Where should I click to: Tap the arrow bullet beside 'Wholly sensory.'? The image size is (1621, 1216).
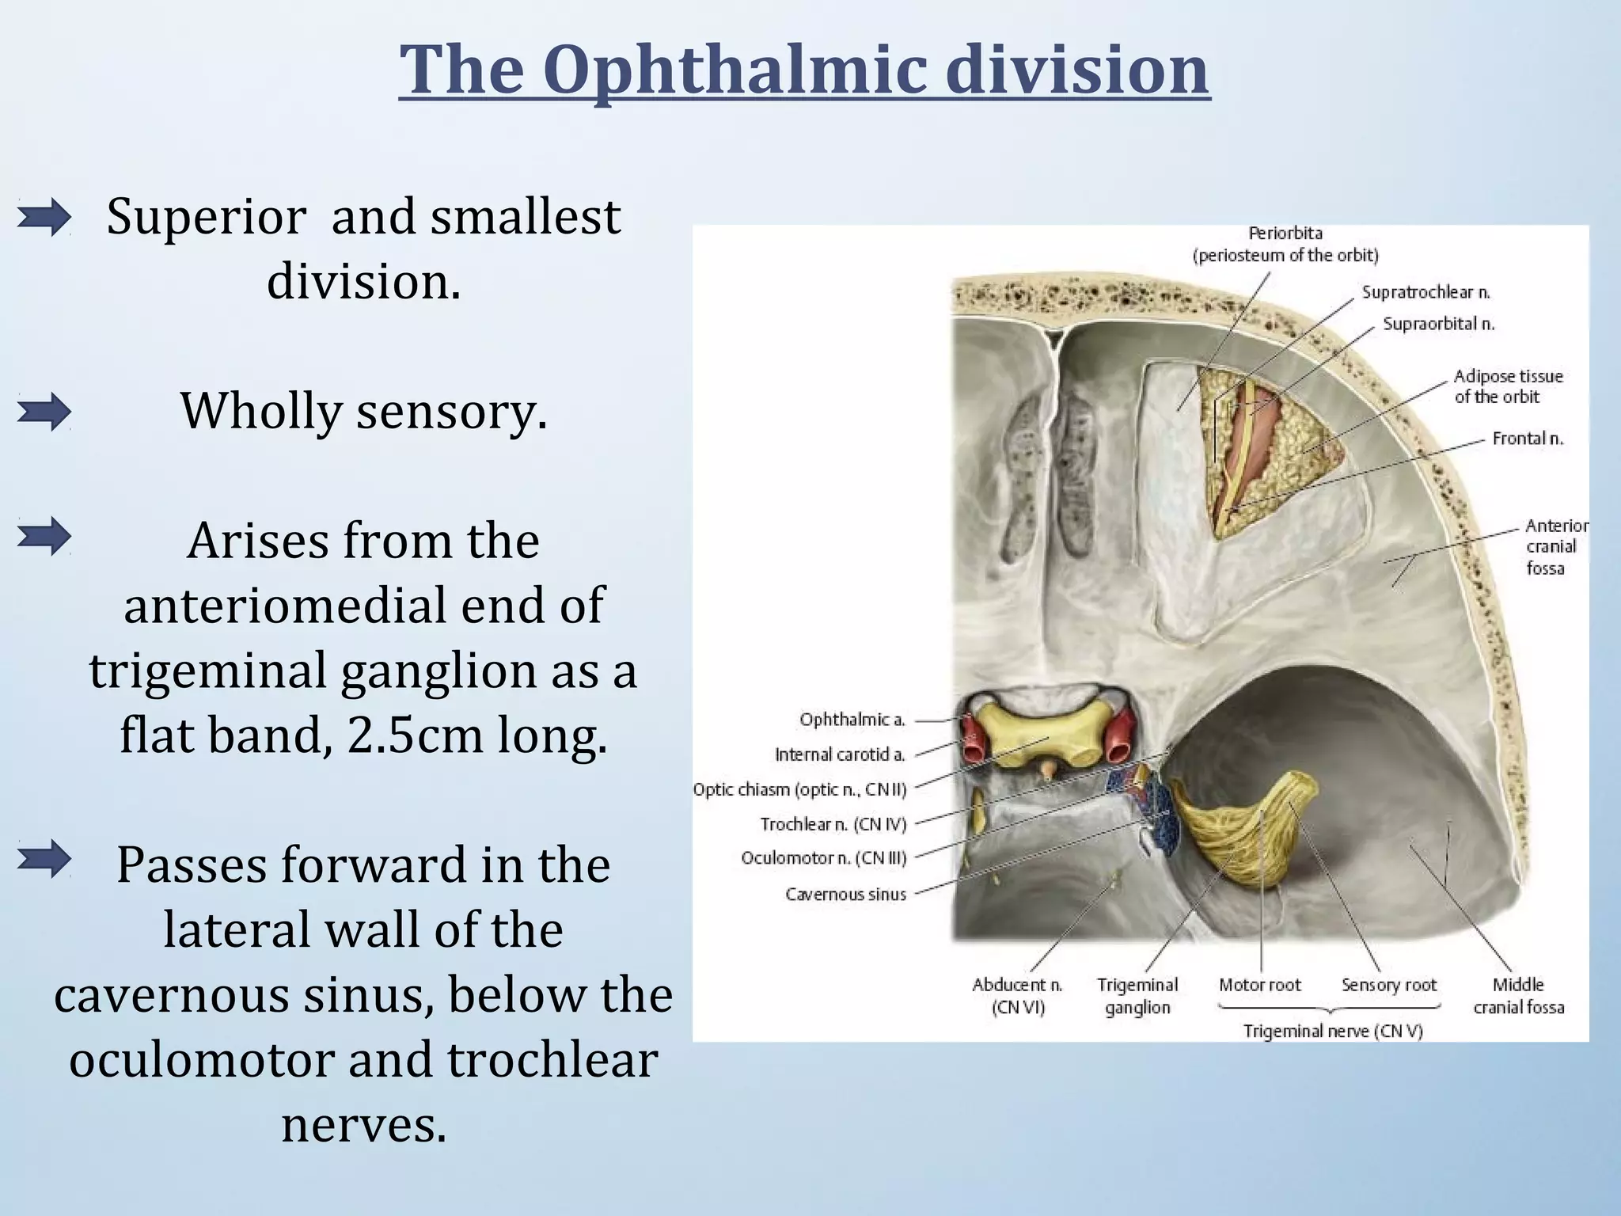[44, 412]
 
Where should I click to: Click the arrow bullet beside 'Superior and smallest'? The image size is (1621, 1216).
[44, 217]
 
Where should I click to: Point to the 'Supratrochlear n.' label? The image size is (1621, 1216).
[1425, 292]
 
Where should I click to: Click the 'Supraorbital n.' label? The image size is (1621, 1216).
[1438, 324]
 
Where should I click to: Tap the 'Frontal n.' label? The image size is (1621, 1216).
[1528, 439]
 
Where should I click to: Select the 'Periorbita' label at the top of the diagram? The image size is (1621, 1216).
[1285, 234]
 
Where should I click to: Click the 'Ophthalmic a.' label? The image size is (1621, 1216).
[852, 720]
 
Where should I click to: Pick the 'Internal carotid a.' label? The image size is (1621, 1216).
[839, 754]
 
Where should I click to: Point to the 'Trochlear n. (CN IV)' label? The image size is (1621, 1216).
[833, 824]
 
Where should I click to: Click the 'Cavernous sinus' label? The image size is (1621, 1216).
[845, 894]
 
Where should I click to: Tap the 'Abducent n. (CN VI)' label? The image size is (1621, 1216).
[1017, 996]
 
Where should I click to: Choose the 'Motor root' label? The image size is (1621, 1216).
[1259, 985]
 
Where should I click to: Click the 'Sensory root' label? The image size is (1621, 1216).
[1388, 985]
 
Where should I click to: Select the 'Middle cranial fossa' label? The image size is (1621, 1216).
[1518, 996]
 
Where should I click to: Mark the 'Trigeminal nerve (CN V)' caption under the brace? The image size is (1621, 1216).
[1332, 1031]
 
